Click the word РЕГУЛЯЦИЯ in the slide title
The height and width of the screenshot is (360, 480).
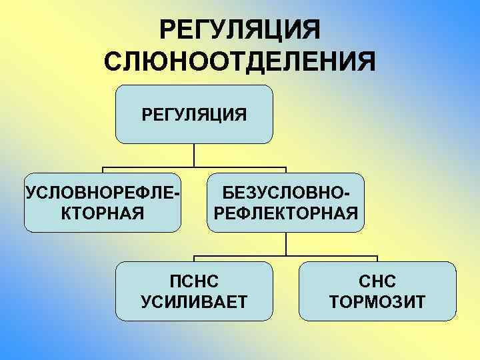(241, 30)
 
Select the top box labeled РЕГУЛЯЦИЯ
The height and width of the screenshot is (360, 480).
(194, 114)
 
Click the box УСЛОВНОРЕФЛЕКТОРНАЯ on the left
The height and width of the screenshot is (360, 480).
(102, 203)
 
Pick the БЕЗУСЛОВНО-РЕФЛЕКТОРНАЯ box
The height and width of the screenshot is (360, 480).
(286, 203)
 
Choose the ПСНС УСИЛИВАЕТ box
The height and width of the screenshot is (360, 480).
(194, 291)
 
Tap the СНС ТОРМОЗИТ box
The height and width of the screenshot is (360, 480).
(378, 291)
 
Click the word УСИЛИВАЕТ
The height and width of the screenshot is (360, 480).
(194, 303)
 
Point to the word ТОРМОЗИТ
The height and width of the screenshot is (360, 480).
(378, 303)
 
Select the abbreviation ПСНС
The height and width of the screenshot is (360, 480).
(194, 280)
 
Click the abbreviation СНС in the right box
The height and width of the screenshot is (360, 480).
(378, 280)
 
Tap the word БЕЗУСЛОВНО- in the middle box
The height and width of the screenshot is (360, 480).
(286, 192)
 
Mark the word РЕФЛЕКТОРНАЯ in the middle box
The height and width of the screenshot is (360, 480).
(286, 213)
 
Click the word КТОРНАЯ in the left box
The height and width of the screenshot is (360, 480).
(102, 213)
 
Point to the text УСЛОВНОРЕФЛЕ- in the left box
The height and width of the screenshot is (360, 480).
(102, 192)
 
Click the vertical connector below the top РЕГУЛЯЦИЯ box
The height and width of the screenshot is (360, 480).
(194, 155)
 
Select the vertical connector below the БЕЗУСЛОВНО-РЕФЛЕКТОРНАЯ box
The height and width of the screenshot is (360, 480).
(286, 244)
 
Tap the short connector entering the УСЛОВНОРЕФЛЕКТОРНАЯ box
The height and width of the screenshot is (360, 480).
(102, 170)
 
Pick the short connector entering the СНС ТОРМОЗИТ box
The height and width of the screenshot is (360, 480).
(378, 259)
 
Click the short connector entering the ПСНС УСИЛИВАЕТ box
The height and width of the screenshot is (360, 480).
(194, 259)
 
